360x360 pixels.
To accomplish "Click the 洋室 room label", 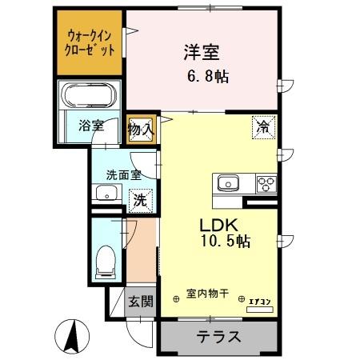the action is [202, 52].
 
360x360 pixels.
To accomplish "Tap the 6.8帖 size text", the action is [208, 77].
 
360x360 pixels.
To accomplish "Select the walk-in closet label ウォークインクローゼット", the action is [90, 42].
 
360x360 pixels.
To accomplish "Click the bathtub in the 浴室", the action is [89, 94].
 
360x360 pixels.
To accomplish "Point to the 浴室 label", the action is [91, 126].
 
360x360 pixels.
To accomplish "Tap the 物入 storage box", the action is [141, 130].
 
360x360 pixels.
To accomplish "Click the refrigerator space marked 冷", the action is [263, 127].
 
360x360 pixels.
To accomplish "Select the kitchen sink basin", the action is [228, 183].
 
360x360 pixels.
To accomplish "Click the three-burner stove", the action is [266, 184].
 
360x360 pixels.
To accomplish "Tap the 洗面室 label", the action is [124, 175].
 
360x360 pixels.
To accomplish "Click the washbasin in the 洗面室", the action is [106, 193].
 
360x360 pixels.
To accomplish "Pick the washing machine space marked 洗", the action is [141, 201].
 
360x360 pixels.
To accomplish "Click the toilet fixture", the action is [106, 262].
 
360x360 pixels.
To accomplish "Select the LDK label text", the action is [219, 226].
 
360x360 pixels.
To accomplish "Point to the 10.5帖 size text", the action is [226, 242].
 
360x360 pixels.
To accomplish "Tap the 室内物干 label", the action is [207, 294].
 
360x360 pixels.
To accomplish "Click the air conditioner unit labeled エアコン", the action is [260, 310].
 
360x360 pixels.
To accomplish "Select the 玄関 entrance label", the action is [141, 302].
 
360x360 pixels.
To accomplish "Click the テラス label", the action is [218, 337].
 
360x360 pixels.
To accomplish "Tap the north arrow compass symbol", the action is [72, 336].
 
